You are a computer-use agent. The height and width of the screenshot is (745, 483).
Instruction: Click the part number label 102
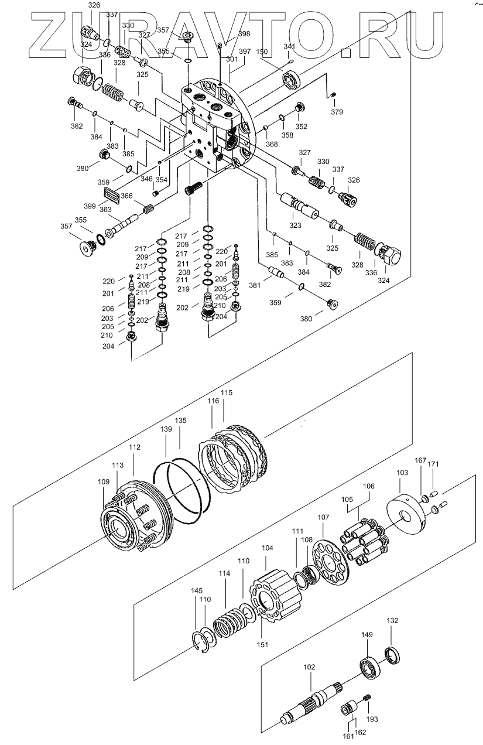tap(309, 667)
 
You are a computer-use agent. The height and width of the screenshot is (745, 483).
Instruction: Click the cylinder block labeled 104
tap(276, 594)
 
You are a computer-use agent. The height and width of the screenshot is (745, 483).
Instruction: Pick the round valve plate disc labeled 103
tap(407, 514)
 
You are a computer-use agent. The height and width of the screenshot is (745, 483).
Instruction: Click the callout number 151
tap(262, 645)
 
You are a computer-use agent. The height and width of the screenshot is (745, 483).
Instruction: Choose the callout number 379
tap(337, 112)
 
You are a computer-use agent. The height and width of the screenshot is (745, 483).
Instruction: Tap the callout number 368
tap(272, 144)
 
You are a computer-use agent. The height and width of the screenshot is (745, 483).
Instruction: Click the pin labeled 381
tap(276, 271)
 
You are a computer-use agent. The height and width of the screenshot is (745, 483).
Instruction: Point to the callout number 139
tap(166, 429)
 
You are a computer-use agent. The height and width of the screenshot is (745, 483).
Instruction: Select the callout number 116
tap(214, 401)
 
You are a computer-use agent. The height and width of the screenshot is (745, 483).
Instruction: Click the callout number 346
tap(146, 179)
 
